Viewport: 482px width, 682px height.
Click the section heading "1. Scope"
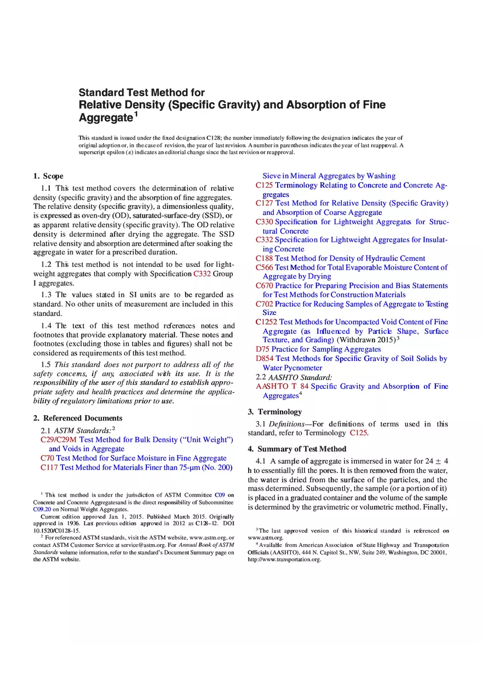click(48, 176)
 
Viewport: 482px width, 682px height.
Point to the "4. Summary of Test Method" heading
click(297, 449)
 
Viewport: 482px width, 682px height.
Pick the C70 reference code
click(48, 458)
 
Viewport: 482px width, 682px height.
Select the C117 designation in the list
click(49, 468)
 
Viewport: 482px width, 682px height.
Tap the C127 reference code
click(265, 203)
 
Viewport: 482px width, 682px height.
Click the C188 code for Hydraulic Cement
click(265, 258)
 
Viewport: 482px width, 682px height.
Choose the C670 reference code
click(265, 285)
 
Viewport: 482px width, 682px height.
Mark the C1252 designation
click(267, 322)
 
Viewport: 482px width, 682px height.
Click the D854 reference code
click(265, 359)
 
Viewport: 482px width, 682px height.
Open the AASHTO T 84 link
click(282, 387)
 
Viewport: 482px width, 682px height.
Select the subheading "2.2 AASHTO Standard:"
click(294, 377)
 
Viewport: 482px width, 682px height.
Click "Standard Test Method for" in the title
click(142, 92)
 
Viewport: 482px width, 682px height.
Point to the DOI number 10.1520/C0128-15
click(57, 531)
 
